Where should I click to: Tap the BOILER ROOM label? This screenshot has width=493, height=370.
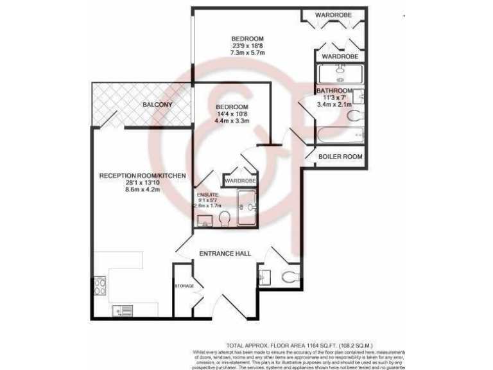[x=341, y=156]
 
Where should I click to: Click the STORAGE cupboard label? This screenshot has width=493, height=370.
[x=184, y=285]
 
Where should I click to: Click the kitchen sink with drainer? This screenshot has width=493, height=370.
[x=123, y=312]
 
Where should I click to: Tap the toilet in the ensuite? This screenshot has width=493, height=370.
[x=225, y=220]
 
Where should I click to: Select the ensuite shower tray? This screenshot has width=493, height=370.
[x=246, y=207]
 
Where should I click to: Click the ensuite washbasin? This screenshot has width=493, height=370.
[x=205, y=222]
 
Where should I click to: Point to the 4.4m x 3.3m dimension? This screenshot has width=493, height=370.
[x=232, y=123]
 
